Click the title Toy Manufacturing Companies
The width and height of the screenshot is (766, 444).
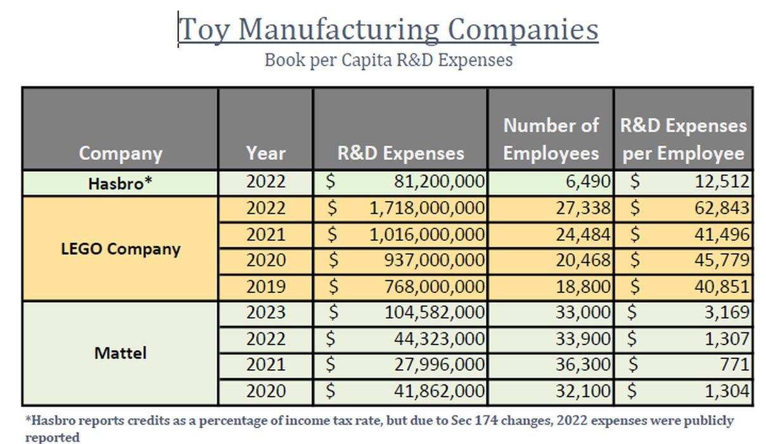click(x=388, y=30)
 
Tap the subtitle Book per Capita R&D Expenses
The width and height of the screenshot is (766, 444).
click(x=388, y=60)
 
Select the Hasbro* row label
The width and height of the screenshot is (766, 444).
click(x=120, y=183)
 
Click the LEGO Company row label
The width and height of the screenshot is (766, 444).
click(x=120, y=248)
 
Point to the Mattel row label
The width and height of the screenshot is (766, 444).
click(x=120, y=353)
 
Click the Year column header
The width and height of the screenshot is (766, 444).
click(x=265, y=153)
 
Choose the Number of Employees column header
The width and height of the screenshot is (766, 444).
click(x=551, y=139)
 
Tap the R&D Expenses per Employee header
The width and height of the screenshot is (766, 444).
click(x=683, y=139)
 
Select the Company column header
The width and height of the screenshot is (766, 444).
click(x=120, y=153)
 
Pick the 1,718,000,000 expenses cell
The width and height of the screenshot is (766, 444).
click(x=427, y=209)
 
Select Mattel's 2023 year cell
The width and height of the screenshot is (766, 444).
click(x=265, y=313)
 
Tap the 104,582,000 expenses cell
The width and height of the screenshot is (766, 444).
click(x=435, y=313)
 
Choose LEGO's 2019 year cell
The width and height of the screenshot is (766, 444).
click(x=265, y=287)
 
